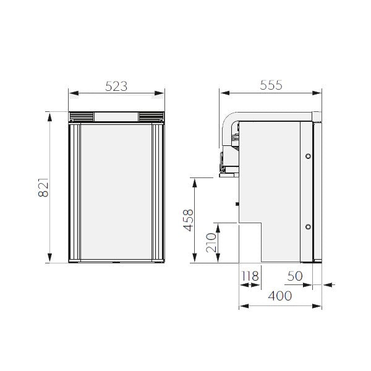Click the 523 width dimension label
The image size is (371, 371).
coord(116,87)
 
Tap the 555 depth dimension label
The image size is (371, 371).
coord(270,86)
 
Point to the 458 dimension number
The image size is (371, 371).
coord(189,221)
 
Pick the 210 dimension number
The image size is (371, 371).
coord(210,243)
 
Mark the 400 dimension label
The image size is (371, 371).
coord(280,296)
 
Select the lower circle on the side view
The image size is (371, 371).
coord(307,227)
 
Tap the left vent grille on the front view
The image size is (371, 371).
coord(81,116)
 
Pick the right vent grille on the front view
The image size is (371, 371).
coord(151,116)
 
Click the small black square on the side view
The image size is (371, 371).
coord(237,203)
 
